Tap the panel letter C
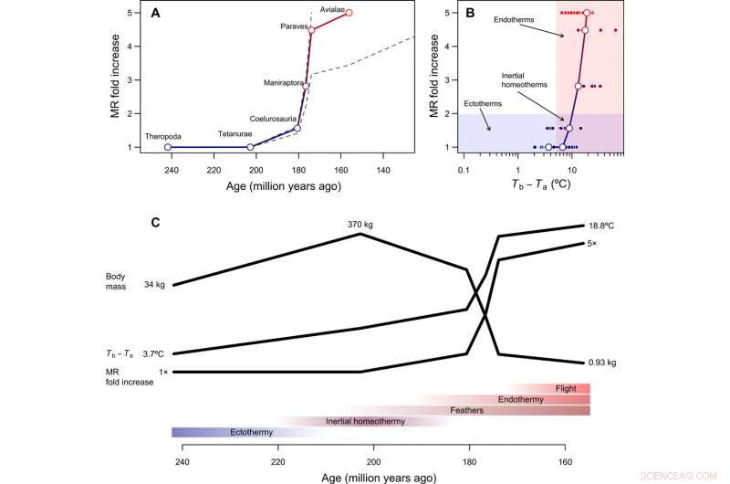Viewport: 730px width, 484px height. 156,222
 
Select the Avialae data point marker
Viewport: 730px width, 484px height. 349,13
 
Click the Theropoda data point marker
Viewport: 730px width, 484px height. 167,147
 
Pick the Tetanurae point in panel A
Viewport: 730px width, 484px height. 250,147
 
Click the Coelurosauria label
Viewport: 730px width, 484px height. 274,119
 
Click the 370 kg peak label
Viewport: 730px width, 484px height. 361,223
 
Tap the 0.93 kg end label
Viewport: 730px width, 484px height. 603,363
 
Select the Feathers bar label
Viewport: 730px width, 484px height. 466,410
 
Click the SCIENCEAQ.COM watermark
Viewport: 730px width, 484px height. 688,475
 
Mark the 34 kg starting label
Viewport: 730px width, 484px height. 153,285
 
